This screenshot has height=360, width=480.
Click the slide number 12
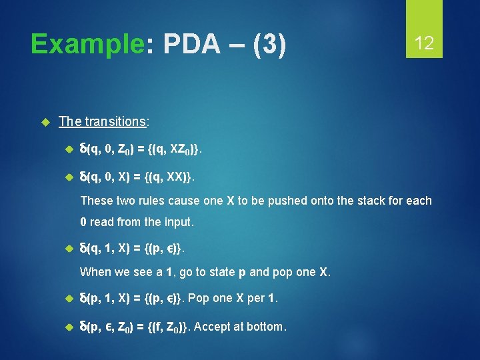[424, 44]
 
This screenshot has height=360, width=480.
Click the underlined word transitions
[115, 121]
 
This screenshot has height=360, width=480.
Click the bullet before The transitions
[46, 121]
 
